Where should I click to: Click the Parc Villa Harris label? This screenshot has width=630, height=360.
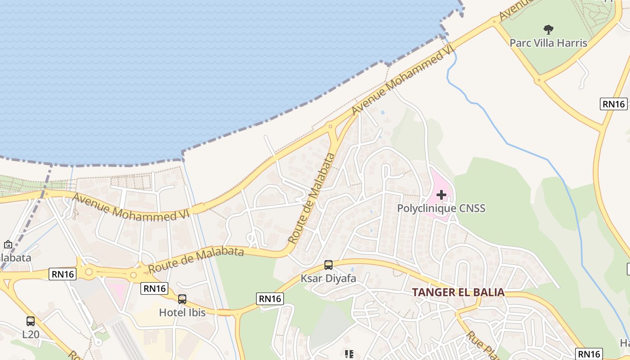point(548,43)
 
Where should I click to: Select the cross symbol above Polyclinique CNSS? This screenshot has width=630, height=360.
point(441,195)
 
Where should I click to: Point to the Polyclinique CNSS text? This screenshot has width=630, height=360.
point(441,208)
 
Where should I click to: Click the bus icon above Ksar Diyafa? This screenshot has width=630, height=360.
point(328,265)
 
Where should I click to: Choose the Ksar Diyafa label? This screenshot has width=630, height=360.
point(328,279)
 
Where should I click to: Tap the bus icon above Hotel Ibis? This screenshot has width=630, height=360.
point(182,299)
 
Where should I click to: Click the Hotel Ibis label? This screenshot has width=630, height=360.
point(182,312)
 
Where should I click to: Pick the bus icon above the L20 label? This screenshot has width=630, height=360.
point(31,321)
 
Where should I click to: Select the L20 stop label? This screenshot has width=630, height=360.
point(31,334)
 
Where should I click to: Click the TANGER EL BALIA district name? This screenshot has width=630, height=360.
point(458,292)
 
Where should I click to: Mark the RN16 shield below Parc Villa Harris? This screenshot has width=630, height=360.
point(614,104)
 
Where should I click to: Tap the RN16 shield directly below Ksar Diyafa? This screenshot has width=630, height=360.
point(270,298)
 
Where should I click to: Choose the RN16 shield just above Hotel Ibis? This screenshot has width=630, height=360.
point(154,288)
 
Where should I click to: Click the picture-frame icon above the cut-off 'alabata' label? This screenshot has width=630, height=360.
point(8,245)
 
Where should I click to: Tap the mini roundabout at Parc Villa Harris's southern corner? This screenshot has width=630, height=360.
point(538,81)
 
